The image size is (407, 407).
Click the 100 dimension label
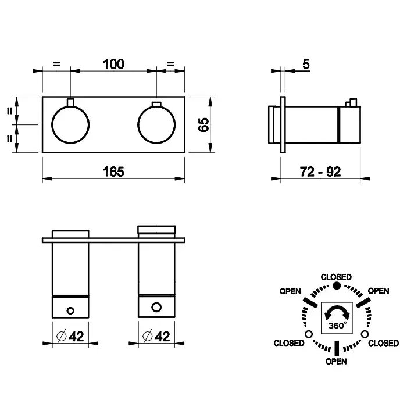113,64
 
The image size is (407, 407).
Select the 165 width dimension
113,172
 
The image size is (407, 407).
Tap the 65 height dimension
203,125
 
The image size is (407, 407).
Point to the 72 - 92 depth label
320,172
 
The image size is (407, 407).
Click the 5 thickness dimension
306,64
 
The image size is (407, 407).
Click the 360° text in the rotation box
337,325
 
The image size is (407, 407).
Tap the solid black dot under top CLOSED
337,285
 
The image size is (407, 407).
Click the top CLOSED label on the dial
336,277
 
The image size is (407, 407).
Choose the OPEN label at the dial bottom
336,361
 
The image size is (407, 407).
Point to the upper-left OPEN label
290,291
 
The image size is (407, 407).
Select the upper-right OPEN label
379,291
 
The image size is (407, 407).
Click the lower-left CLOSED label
289,343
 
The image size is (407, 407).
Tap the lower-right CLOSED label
383,343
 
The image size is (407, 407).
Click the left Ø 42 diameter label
70,337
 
